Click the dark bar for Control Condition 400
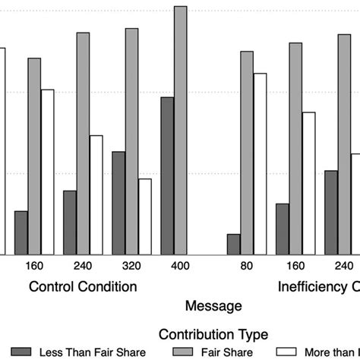click(167, 175)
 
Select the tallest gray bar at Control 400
click(180, 130)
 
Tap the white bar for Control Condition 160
click(47, 172)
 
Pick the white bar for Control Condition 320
click(144, 216)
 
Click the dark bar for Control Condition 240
click(70, 222)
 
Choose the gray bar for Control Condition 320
click(131, 141)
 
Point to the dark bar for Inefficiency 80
click(233, 244)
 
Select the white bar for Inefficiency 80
click(259, 163)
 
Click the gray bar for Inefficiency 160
click(295, 148)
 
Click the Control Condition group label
click(83, 287)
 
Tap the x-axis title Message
click(213, 306)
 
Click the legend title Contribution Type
click(213, 333)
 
